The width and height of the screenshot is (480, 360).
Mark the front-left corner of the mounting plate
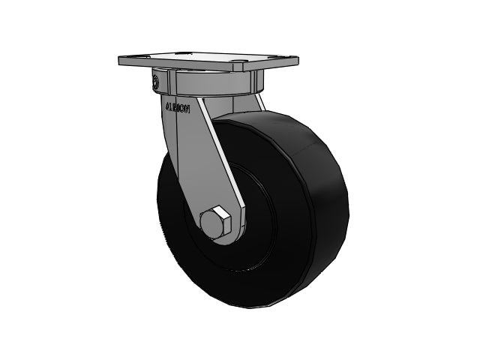point(120,61)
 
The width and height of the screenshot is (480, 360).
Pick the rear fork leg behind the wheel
point(259,101)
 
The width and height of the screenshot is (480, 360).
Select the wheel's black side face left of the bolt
point(180,217)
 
